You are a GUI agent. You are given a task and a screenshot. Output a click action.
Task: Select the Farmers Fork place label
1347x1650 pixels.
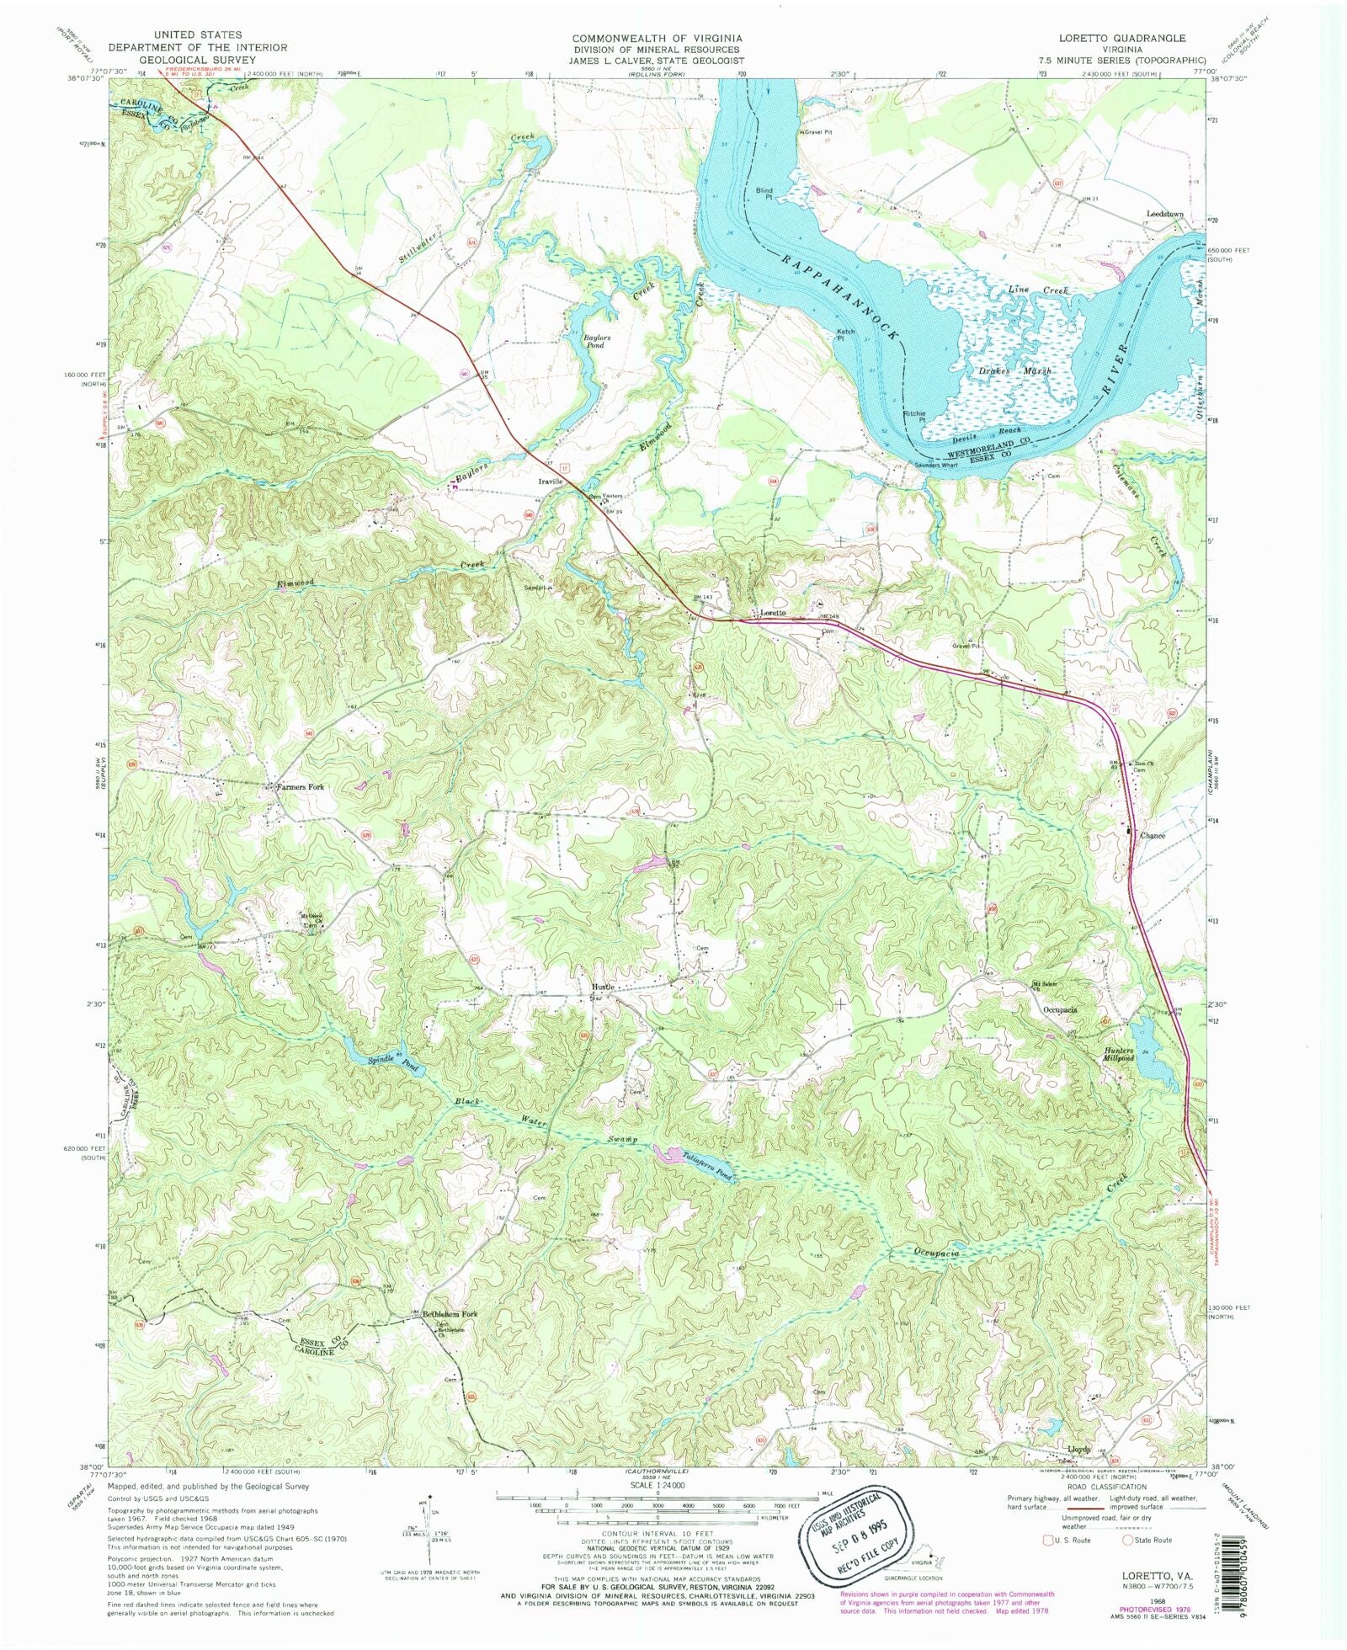303,787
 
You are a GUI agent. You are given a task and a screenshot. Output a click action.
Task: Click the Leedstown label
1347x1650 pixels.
1164,214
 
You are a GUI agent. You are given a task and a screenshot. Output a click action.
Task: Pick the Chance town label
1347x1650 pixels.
1153,836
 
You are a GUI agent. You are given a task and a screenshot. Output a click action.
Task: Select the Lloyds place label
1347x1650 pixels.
1078,1450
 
